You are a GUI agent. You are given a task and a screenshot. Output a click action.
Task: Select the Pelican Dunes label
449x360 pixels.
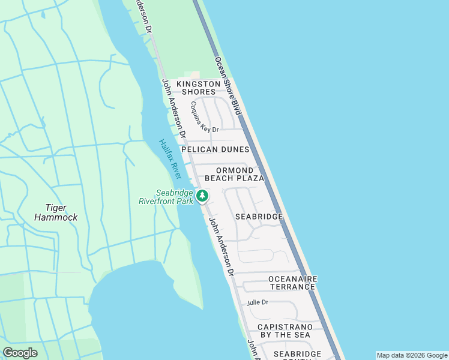pyautogui.click(x=215, y=149)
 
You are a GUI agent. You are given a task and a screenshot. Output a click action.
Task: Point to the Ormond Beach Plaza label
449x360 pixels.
pyautogui.click(x=235, y=174)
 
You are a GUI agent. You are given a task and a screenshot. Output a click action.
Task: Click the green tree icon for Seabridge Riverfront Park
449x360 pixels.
pyautogui.click(x=203, y=196)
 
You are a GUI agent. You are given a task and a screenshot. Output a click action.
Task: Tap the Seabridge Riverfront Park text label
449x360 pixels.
pyautogui.click(x=175, y=197)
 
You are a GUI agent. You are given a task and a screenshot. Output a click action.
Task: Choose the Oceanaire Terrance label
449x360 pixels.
pyautogui.click(x=292, y=283)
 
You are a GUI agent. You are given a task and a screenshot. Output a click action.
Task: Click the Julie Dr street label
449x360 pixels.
pyautogui.click(x=257, y=302)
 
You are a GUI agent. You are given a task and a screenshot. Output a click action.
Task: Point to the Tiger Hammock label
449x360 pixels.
pyautogui.click(x=56, y=212)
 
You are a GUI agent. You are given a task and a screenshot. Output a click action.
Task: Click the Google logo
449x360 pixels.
pyautogui.click(x=20, y=353)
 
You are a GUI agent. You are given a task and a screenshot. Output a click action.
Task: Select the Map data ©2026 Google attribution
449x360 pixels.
pyautogui.click(x=412, y=355)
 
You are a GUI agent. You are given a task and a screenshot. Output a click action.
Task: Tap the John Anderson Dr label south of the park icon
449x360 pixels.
pyautogui.click(x=220, y=246)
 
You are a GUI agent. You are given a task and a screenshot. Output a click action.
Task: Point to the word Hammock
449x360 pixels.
pyautogui.click(x=56, y=217)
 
